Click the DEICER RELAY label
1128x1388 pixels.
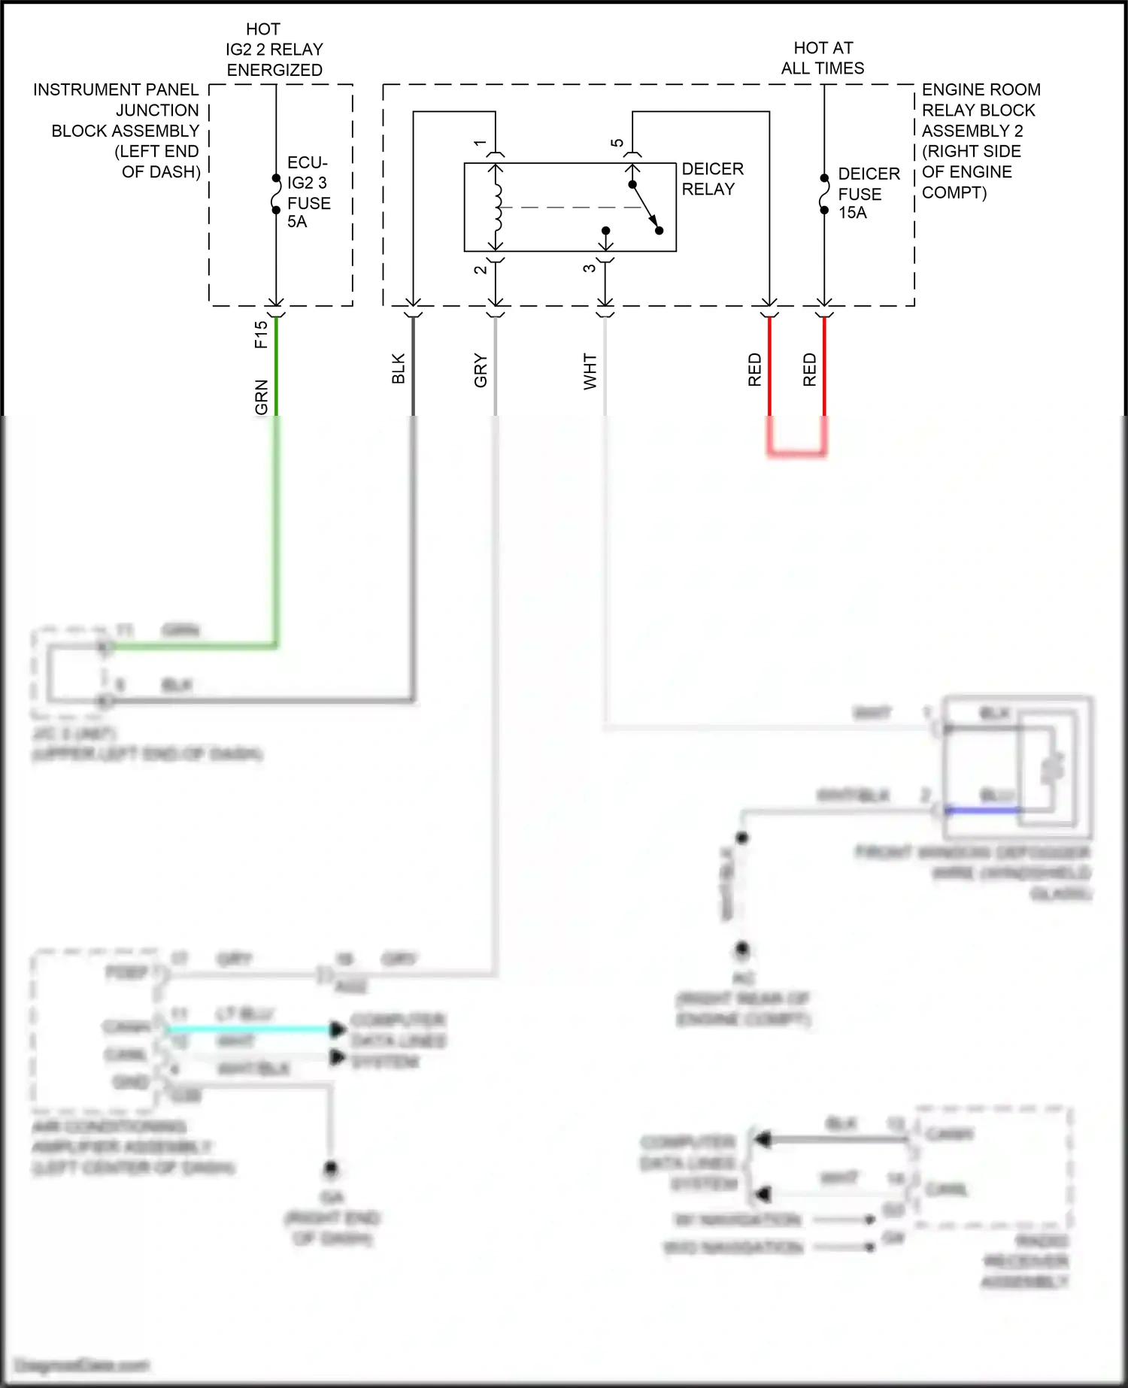712,179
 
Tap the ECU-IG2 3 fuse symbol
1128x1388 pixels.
276,195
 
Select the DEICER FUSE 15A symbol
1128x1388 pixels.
824,194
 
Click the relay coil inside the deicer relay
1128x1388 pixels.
496,208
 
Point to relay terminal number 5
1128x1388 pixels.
617,143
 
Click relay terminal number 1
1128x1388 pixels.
480,143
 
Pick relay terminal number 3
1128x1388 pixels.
590,268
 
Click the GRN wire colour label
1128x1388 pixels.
261,396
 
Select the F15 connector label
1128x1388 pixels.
261,335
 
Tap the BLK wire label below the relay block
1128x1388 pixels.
399,368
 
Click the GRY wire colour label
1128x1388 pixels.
481,371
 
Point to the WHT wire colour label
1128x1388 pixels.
590,371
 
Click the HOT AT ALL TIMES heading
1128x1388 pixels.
823,58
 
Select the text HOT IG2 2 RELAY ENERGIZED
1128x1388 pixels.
274,50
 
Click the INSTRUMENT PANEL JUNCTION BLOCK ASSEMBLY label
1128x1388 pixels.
120,130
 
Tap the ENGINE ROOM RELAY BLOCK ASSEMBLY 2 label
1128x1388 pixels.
978,141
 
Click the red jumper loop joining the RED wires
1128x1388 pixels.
797,451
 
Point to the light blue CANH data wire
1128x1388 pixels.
248,1029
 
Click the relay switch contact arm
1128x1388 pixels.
645,208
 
